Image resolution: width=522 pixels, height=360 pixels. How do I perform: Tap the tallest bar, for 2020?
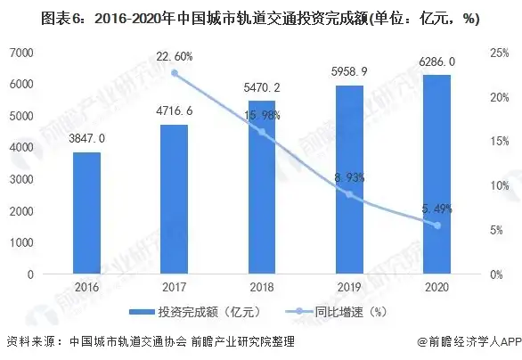coord(436,174)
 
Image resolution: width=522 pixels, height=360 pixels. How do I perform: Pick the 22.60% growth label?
coord(174,56)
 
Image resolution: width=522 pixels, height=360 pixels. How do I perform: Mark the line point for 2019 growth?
coord(349,194)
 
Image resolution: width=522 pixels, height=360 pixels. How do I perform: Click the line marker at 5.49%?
coord(436,225)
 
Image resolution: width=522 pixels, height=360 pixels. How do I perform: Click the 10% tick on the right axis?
coord(500,185)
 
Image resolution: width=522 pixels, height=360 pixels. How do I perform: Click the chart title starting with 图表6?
coord(260,16)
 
